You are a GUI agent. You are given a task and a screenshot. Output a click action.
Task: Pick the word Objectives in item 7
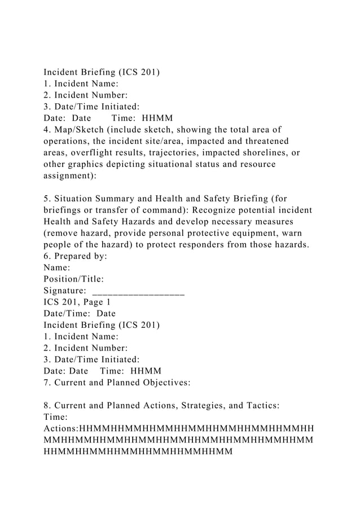pyautogui.click(x=164, y=383)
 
